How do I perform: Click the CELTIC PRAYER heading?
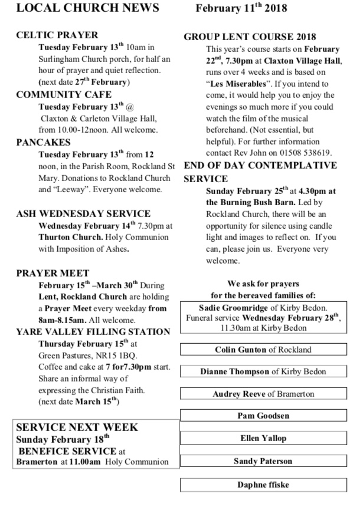point(57,35)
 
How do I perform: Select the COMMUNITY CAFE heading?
point(64,94)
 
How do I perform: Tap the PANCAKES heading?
point(44,142)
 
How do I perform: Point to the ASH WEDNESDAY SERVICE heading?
point(83,213)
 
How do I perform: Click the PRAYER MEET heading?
point(53,273)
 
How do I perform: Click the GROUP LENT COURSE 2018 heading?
point(250,37)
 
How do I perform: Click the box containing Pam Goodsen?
point(263,416)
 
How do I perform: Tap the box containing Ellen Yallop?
point(263,439)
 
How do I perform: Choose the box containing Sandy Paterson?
point(263,461)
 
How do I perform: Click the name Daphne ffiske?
point(263,484)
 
